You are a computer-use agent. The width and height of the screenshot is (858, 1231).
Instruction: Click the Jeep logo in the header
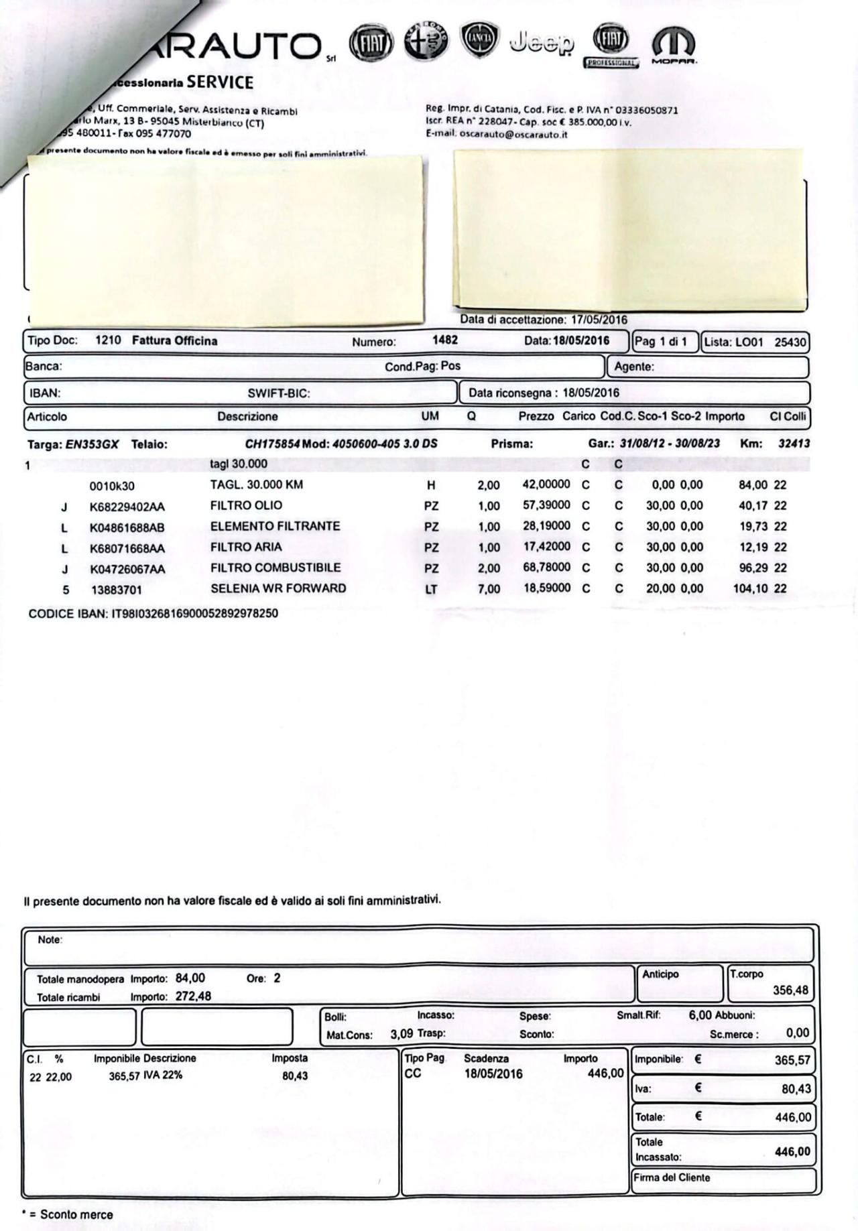tap(542, 44)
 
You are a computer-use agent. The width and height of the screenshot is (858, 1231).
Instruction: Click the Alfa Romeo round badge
tap(427, 42)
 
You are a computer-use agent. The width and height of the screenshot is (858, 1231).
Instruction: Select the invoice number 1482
tap(445, 340)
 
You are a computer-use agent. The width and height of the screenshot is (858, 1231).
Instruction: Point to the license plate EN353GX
tap(92, 444)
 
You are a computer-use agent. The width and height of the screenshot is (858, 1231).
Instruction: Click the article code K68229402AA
tap(127, 507)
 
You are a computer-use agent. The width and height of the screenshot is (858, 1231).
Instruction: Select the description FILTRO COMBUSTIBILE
tap(275, 568)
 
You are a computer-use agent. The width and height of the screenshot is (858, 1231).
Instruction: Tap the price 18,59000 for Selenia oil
tap(546, 588)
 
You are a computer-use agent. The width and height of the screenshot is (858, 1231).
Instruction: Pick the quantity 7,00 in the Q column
tap(489, 589)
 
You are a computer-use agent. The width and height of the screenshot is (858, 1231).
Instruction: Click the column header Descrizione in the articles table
tap(247, 416)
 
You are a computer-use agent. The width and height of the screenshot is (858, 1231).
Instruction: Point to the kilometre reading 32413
tap(794, 444)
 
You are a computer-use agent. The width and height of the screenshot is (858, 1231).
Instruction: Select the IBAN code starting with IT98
tap(194, 613)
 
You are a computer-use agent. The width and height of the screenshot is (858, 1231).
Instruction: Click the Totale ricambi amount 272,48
tap(193, 996)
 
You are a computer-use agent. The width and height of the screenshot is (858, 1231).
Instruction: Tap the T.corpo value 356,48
tap(790, 990)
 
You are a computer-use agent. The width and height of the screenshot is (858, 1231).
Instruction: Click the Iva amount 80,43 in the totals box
tap(796, 1089)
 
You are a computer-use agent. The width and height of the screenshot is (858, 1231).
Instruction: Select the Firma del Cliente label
tap(672, 1177)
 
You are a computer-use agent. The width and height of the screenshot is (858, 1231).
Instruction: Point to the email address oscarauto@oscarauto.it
tap(515, 134)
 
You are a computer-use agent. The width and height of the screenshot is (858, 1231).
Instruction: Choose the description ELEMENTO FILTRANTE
tap(275, 526)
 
